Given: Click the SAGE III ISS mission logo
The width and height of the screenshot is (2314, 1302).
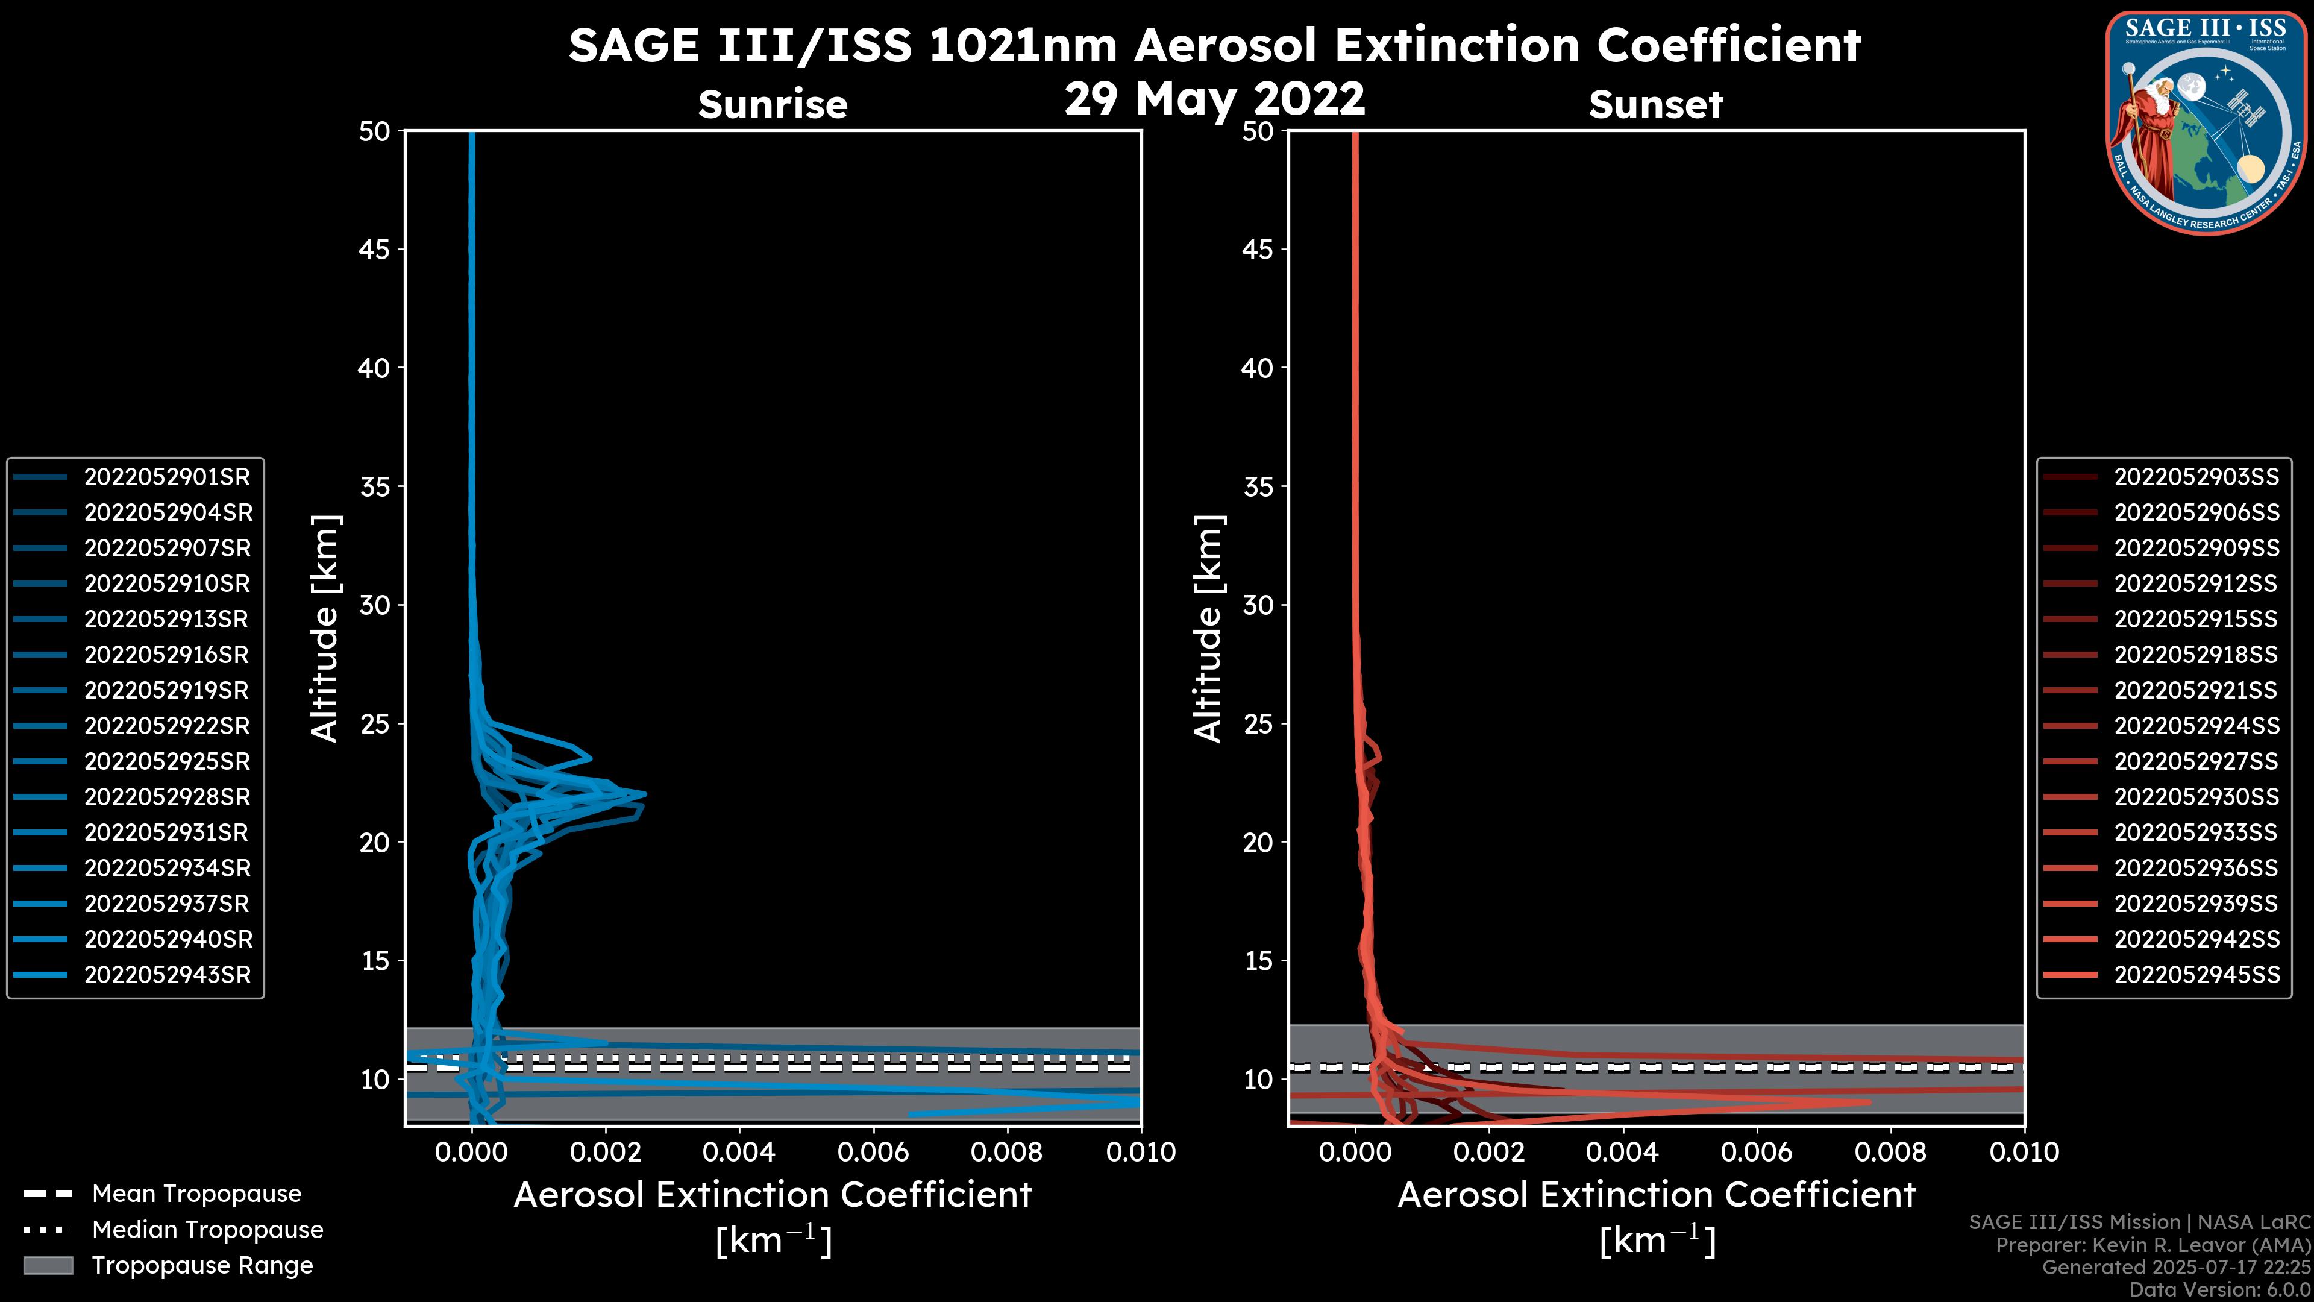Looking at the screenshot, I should pyautogui.click(x=2206, y=123).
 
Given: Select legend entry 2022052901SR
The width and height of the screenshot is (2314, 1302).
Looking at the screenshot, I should pyautogui.click(x=167, y=477).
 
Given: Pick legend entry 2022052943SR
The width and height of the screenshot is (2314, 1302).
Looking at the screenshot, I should pyautogui.click(x=167, y=975).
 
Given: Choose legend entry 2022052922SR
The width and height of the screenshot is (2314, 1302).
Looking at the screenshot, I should pyautogui.click(x=167, y=726).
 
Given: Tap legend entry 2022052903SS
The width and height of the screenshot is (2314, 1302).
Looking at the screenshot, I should pyautogui.click(x=2196, y=477).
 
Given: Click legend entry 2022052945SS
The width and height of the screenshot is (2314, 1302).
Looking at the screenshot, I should pyautogui.click(x=2196, y=975).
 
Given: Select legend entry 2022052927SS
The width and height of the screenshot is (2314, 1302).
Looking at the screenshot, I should pyautogui.click(x=2196, y=762).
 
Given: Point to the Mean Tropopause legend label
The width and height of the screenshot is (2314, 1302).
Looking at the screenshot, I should pyautogui.click(x=196, y=1194).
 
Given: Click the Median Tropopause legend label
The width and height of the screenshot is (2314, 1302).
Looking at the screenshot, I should pyautogui.click(x=207, y=1230).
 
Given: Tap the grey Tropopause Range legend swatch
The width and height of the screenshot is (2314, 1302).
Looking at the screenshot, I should pyautogui.click(x=48, y=1265).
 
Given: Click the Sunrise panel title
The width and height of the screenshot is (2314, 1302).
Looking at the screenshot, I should pyautogui.click(x=773, y=105).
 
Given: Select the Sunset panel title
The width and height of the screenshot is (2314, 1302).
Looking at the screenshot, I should pyautogui.click(x=1655, y=105).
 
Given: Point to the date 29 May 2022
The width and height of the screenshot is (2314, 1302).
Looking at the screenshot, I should pyautogui.click(x=1214, y=99).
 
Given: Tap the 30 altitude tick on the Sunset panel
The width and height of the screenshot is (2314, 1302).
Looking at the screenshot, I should pyautogui.click(x=1258, y=606).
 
